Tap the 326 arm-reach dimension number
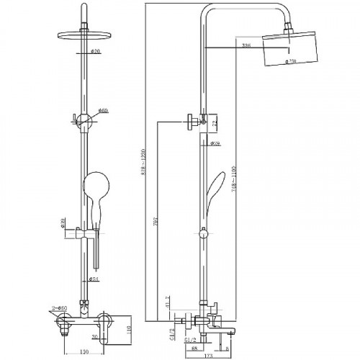pos(247,48)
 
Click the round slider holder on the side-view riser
pos(204,233)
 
